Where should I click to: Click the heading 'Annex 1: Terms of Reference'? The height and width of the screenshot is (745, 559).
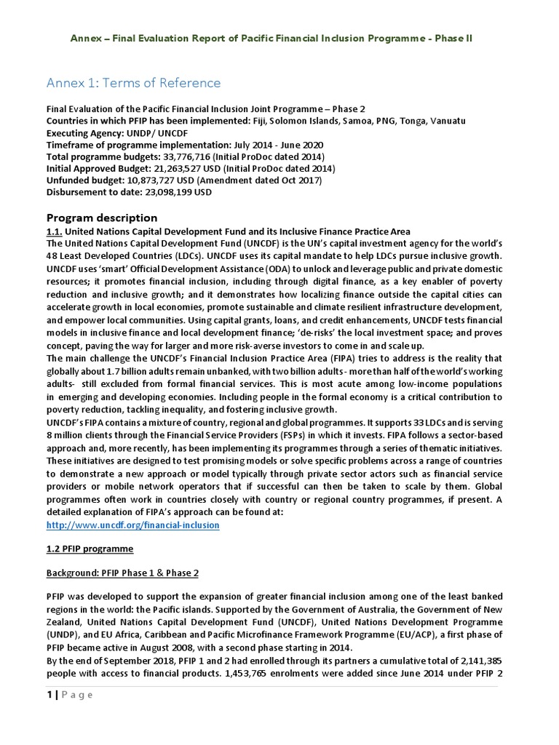coord(133,82)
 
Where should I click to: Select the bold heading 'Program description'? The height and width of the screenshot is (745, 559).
coord(101,218)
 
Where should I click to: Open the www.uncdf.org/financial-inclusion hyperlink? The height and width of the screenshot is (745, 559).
coord(132,525)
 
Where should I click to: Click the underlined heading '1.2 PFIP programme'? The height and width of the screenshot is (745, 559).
coord(90,549)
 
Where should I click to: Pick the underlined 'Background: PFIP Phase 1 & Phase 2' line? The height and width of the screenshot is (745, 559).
coord(122,573)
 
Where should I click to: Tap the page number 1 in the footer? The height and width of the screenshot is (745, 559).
coord(49,695)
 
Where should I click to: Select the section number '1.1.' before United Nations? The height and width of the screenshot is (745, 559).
coord(55,231)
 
